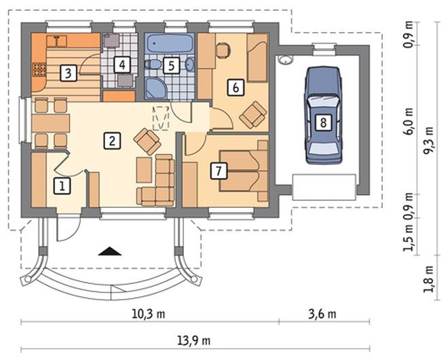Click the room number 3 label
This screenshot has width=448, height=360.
(69, 73)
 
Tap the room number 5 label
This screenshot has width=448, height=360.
(171, 66)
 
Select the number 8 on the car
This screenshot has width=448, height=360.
(323, 123)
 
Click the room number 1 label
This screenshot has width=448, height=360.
(62, 186)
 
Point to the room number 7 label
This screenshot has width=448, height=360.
(219, 171)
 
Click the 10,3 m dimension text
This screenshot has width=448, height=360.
(148, 314)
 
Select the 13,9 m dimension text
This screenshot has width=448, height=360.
(194, 341)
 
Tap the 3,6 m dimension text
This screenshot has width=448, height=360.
(322, 314)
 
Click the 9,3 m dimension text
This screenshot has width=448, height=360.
(428, 141)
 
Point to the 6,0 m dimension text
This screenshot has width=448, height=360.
(408, 121)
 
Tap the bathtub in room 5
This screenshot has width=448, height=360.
(170, 43)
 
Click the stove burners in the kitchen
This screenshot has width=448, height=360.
(39, 70)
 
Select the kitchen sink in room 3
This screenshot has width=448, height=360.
(57, 41)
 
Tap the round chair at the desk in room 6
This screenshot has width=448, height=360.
(223, 50)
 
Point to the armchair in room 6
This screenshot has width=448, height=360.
(253, 115)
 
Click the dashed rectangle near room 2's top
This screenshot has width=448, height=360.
(161, 118)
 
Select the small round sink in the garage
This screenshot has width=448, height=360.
(284, 60)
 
